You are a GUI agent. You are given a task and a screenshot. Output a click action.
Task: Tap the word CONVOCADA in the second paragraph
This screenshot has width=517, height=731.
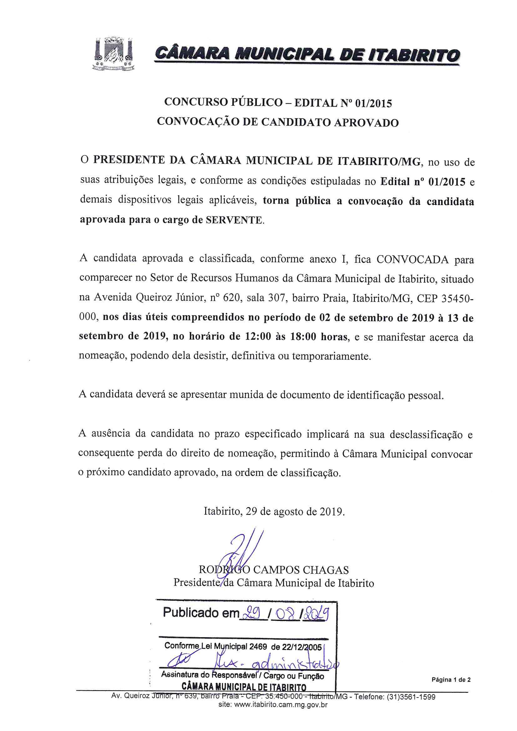pyautogui.click(x=413, y=260)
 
